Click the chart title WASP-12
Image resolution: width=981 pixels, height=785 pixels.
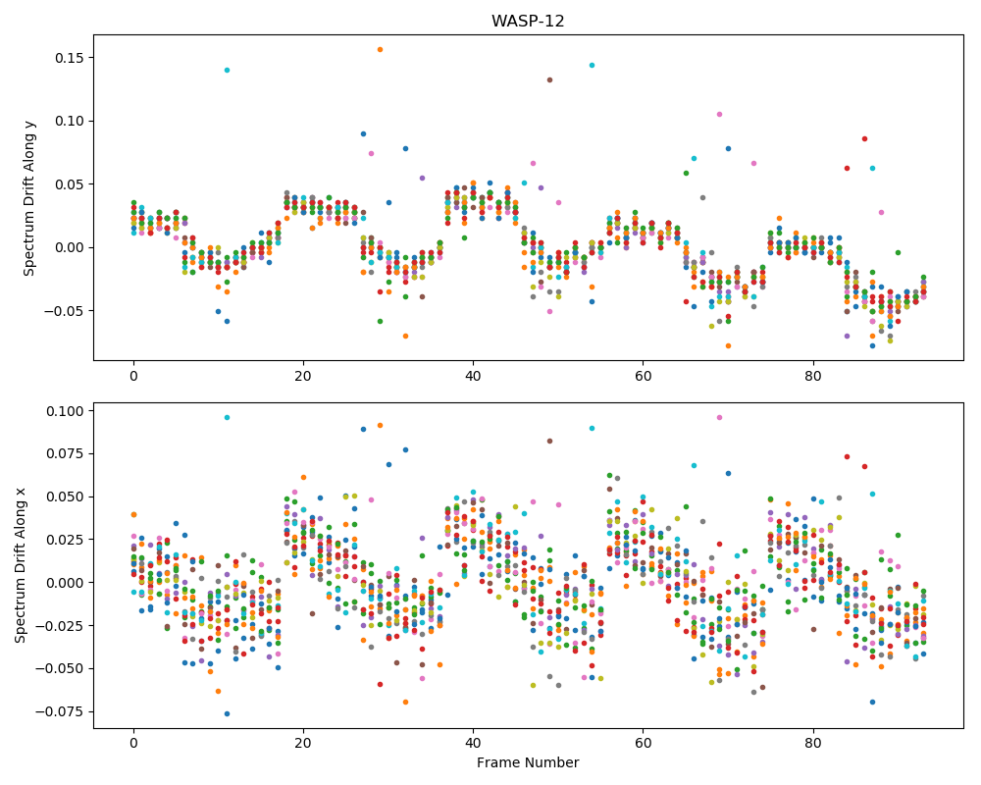pos(528,22)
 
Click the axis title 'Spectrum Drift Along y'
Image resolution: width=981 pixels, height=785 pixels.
pos(28,198)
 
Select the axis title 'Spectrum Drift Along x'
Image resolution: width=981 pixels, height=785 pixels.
pos(21,565)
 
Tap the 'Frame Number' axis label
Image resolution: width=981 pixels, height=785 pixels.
pos(528,762)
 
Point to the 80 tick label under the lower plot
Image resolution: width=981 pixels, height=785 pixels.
pos(812,744)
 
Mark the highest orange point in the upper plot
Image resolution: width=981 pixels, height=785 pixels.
pos(380,49)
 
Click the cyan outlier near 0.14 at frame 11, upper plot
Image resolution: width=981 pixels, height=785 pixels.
pos(228,70)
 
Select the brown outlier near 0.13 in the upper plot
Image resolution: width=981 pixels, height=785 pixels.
pos(549,79)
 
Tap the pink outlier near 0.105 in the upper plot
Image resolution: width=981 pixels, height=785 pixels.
pos(719,114)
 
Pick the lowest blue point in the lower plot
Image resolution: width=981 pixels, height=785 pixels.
pos(228,713)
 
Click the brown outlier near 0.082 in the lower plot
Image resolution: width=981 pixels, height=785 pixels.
pos(549,441)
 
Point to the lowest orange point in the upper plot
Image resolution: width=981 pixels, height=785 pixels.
pos(728,345)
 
